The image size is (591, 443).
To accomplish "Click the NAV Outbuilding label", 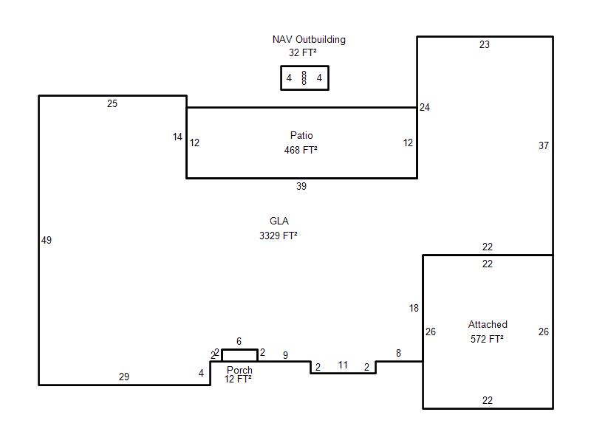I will (x=309, y=40).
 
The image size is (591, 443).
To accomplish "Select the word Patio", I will (x=301, y=136).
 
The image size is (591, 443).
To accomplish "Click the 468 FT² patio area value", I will (x=301, y=150).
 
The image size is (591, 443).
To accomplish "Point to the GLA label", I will (x=279, y=221).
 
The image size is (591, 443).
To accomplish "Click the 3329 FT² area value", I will (x=279, y=236).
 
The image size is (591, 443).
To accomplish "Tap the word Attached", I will (x=488, y=325).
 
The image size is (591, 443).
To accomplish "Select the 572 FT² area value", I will (x=487, y=339).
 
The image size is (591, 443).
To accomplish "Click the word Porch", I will (x=239, y=370).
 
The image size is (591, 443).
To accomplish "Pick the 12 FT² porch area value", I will (x=239, y=379).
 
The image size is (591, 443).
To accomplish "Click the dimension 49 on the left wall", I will (x=47, y=240).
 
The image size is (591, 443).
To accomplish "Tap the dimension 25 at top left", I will (x=112, y=104).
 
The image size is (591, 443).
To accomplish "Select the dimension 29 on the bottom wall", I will (x=124, y=377).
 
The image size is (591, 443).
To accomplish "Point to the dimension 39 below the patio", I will (x=301, y=187).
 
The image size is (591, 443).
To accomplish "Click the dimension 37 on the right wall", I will (x=544, y=146).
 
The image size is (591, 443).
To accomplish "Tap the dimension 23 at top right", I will (x=484, y=45).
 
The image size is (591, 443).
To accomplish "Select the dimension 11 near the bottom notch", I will (x=343, y=365).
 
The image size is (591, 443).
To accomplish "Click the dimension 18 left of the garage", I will (x=414, y=309).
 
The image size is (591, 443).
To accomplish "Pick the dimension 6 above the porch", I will (x=239, y=341).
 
